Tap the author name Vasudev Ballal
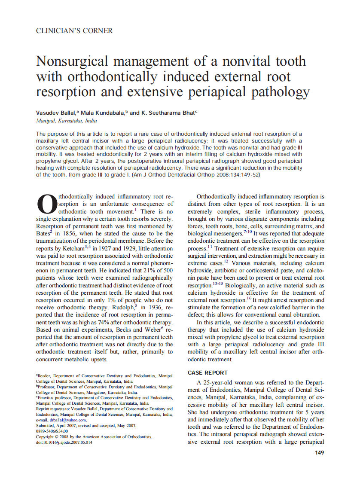[x=55, y=113]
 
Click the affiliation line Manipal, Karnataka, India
[x=67, y=121]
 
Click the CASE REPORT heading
[x=207, y=372]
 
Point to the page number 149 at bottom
[x=319, y=452]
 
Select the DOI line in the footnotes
[x=64, y=442]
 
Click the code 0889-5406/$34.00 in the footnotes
[x=52, y=431]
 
